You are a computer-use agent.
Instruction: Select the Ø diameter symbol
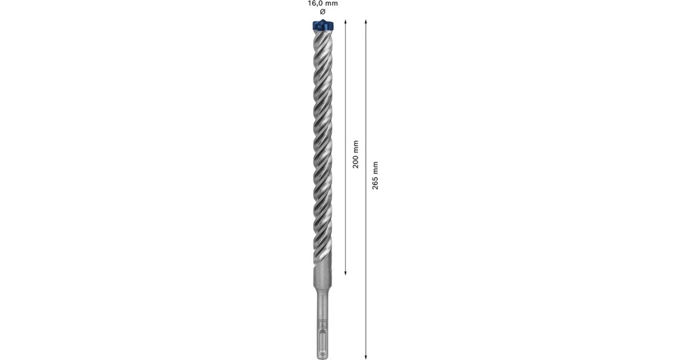pos(322,11)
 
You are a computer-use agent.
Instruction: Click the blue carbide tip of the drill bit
pos(322,26)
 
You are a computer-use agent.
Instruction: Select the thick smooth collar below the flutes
pos(322,280)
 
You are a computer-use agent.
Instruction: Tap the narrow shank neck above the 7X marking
pos(322,309)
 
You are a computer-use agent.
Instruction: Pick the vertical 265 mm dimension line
pos(366,257)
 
